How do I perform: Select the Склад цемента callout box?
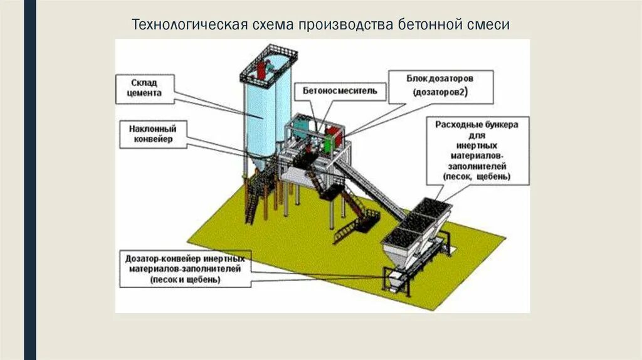[x=145, y=88]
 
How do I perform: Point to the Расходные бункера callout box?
[x=477, y=151]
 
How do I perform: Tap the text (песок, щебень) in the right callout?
[x=476, y=177]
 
